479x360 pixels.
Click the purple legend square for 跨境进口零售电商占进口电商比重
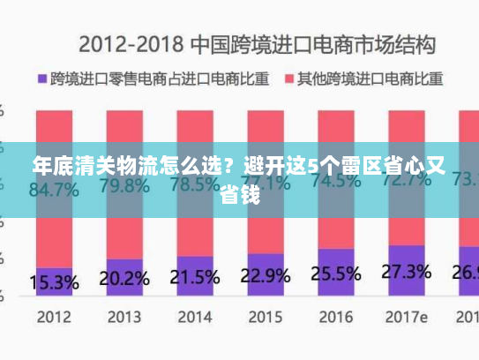(42, 78)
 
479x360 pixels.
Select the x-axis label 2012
(54, 315)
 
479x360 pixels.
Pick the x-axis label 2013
(123, 315)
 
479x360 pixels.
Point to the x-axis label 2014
(193, 315)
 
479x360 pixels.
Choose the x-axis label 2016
(334, 315)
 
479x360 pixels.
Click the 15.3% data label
(54, 283)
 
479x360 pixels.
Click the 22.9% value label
(265, 274)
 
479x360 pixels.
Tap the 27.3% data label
(406, 270)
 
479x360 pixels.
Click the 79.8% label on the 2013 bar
(123, 186)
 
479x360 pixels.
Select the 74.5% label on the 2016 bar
(335, 181)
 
